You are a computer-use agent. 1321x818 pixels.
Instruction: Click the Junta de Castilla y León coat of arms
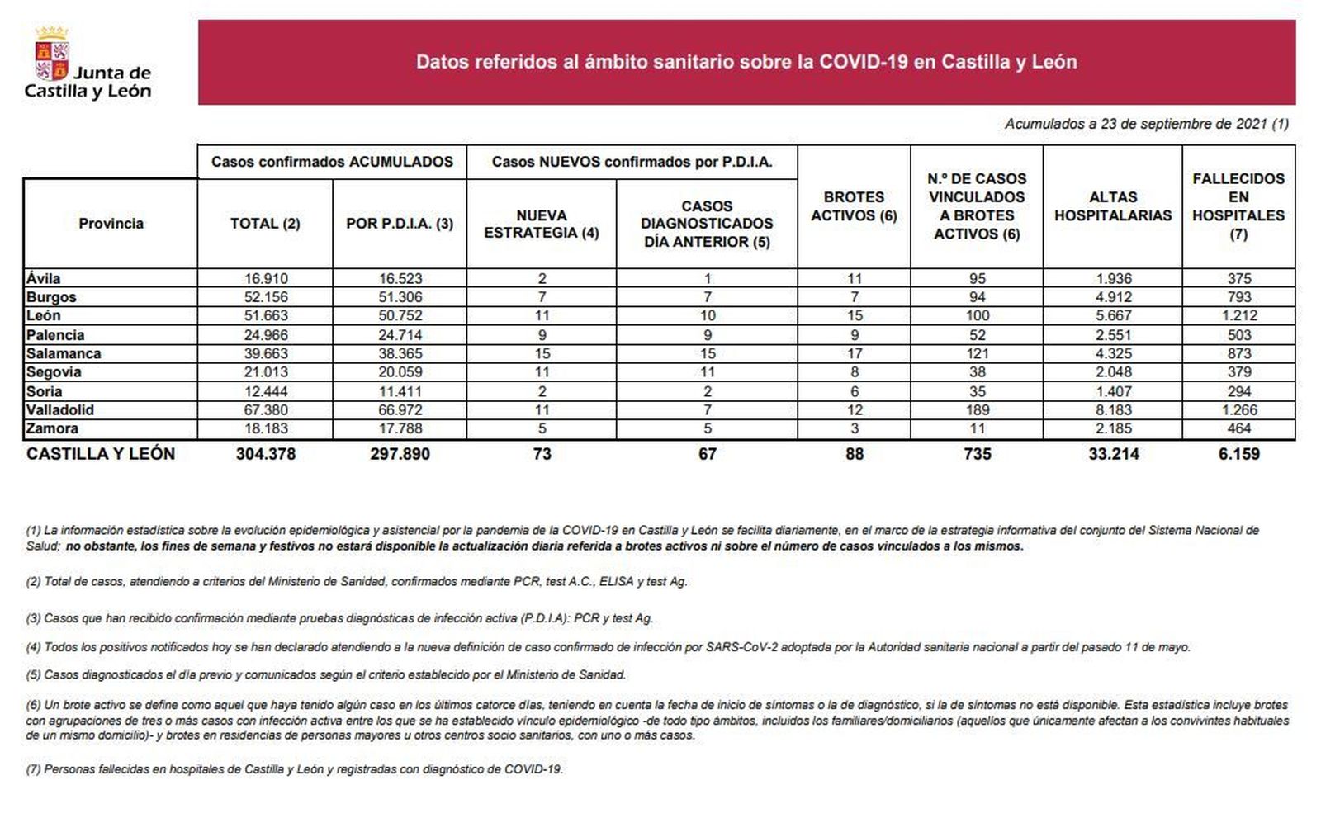point(51,54)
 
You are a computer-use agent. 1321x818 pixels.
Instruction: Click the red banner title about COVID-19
point(746,62)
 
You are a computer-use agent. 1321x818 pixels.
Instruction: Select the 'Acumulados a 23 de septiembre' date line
point(1146,124)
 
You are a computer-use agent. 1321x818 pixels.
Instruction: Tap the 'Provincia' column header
point(111,223)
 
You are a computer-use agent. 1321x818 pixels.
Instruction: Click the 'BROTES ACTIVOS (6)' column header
point(854,206)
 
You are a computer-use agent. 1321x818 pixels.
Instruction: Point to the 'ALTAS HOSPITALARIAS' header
point(1112,206)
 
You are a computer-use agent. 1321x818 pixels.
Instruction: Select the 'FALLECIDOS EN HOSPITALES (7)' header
point(1238,206)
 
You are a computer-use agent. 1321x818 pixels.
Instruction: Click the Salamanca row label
point(64,353)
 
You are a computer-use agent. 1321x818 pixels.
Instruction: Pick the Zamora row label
point(52,428)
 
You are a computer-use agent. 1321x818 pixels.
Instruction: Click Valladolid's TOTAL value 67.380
point(265,410)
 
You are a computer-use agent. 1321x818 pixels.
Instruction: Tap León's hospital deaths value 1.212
point(1238,315)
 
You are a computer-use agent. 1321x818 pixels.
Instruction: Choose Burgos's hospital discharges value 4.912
point(1113,297)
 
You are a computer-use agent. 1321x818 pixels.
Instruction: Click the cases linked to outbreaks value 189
point(977,410)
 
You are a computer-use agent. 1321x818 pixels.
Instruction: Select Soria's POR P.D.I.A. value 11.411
point(400,391)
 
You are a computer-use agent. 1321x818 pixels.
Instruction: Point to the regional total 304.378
point(265,454)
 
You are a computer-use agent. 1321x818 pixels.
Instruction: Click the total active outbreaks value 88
point(854,454)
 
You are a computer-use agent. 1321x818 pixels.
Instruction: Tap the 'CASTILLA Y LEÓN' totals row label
point(101,454)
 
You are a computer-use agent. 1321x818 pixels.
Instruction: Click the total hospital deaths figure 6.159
point(1238,454)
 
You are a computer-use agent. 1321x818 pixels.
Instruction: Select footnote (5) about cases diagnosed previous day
point(326,674)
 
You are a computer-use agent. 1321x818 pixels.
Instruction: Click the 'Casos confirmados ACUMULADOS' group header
point(332,162)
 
